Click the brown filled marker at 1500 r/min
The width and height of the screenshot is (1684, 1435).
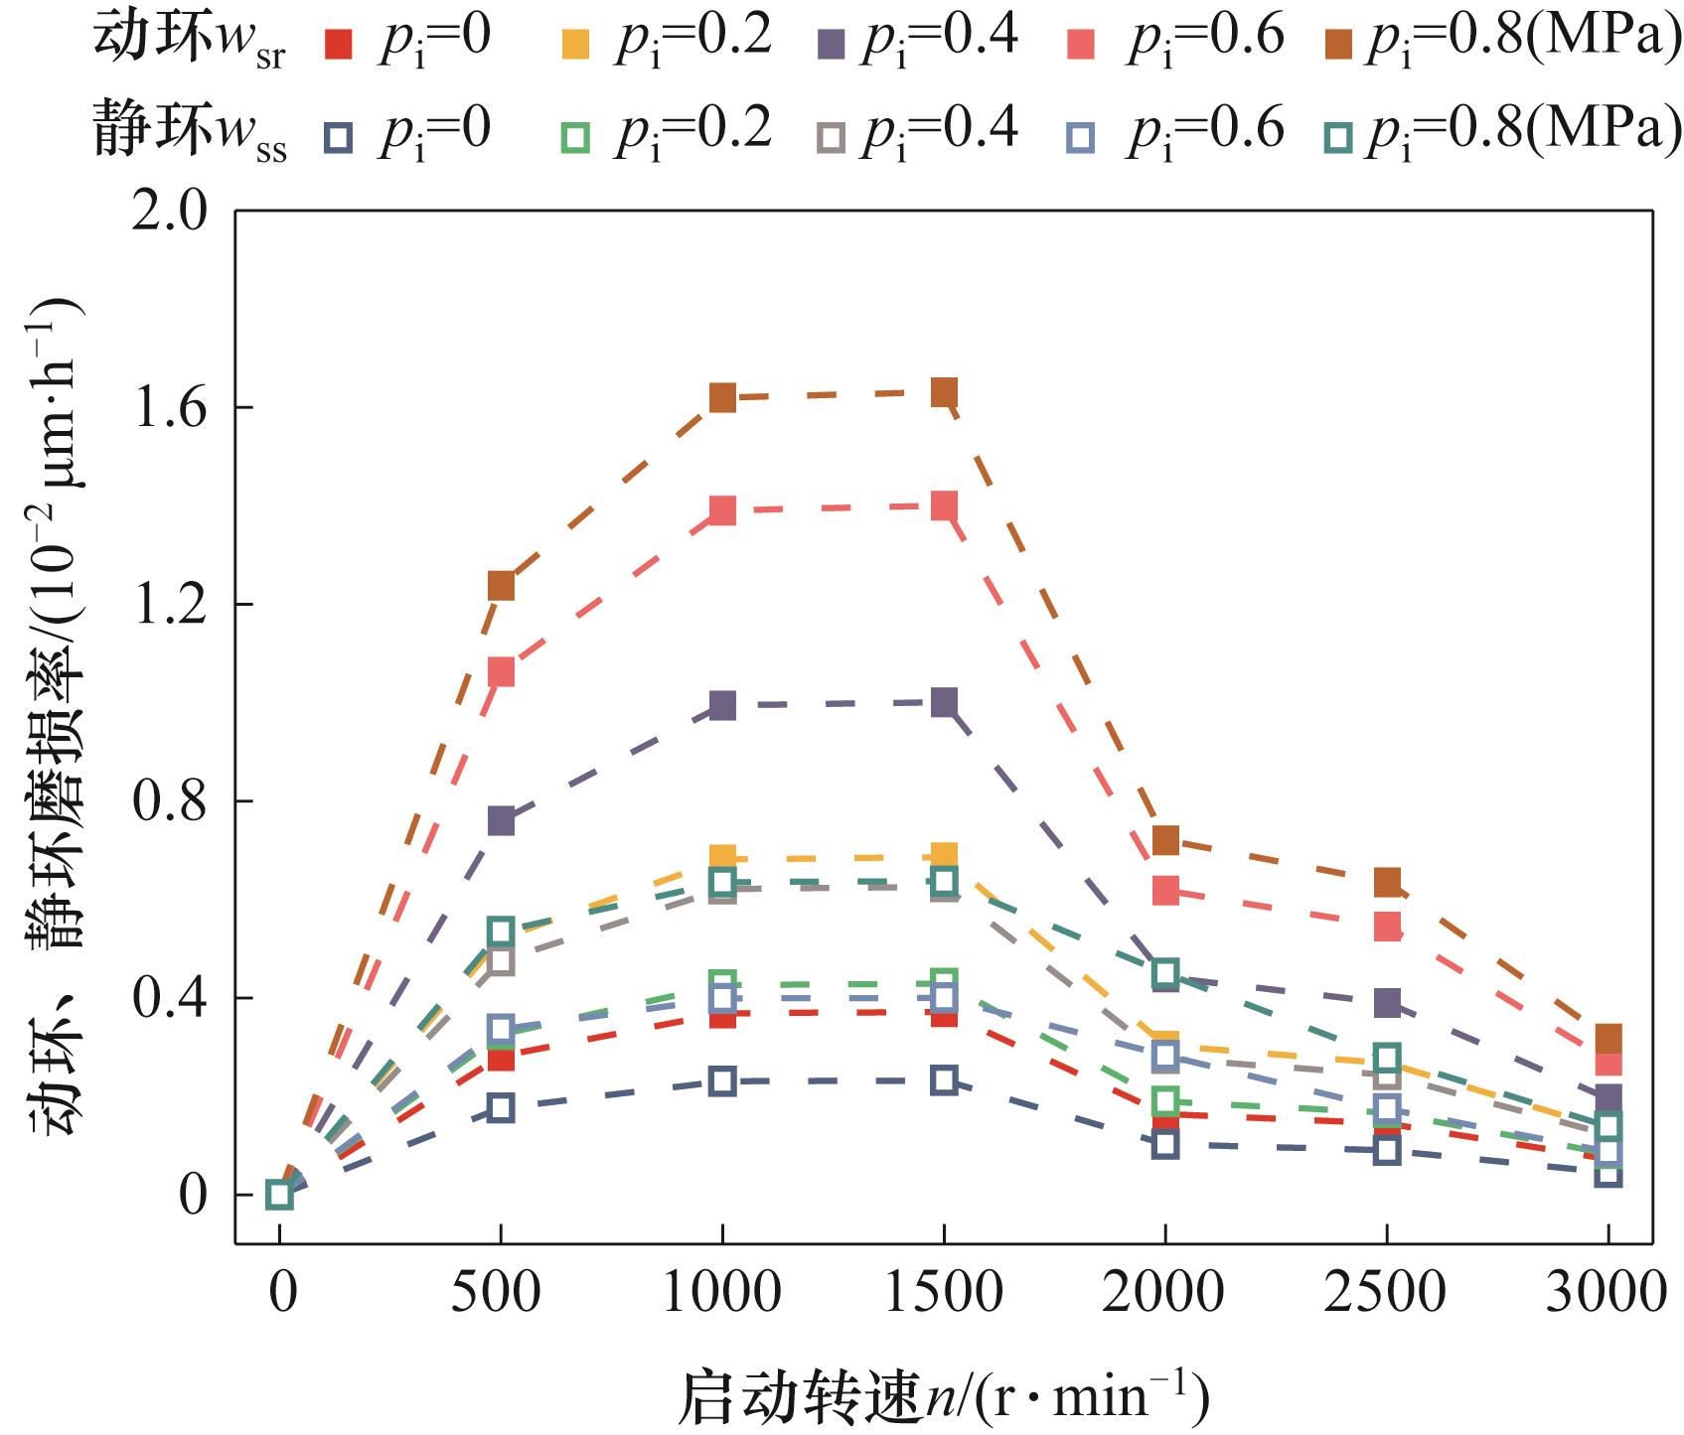click(944, 392)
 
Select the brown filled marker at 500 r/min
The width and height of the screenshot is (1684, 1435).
click(501, 586)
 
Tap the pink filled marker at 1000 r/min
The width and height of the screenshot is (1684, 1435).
click(722, 510)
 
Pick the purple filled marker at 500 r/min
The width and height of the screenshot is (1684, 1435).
click(501, 820)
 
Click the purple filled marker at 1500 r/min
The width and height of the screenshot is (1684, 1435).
click(944, 703)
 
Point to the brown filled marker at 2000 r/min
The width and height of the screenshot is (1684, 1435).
click(1165, 840)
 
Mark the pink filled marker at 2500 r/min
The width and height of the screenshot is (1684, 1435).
click(1387, 927)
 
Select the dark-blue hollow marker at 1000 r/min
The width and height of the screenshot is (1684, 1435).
click(722, 1080)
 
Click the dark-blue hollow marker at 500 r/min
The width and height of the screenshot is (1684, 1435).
click(501, 1108)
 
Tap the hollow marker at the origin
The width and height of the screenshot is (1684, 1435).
click(279, 1195)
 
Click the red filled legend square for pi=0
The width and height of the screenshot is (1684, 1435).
click(340, 44)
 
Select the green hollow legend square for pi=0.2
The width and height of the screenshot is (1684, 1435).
click(575, 138)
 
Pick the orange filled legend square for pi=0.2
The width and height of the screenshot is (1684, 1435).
click(575, 44)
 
